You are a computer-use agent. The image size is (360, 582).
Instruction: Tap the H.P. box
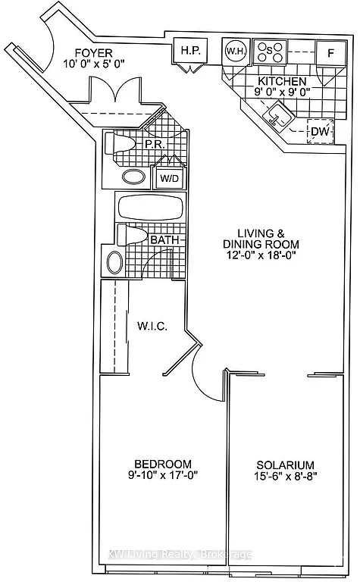189,52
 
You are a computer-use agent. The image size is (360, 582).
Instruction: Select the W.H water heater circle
234,52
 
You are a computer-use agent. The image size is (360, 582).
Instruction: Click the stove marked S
269,52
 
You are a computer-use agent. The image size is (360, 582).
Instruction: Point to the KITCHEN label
282,81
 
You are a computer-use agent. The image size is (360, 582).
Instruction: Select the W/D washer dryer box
167,179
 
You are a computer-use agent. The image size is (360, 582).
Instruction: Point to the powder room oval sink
134,177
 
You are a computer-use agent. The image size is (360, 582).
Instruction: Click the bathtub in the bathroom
149,207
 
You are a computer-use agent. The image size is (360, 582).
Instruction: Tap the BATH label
164,240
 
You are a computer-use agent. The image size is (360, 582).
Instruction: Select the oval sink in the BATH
115,263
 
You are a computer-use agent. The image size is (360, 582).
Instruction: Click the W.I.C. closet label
152,326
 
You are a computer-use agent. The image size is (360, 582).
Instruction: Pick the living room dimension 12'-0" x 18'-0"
261,257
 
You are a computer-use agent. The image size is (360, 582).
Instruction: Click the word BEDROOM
163,464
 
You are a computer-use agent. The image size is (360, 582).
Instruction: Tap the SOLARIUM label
285,465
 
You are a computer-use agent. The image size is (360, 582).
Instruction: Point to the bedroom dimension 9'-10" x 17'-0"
163,477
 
